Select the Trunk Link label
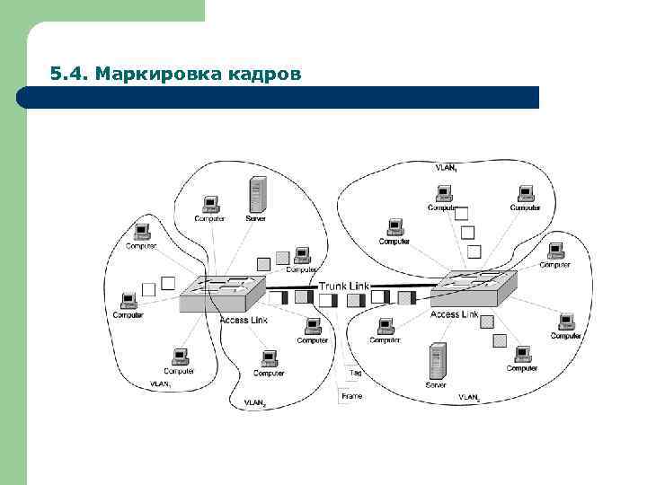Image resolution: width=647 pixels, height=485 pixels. (x=344, y=287)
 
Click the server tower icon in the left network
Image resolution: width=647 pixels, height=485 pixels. (x=259, y=193)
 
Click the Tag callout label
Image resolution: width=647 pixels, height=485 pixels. (x=356, y=372)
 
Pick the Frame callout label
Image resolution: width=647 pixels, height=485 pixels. (x=351, y=396)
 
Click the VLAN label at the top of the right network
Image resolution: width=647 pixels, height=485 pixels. (x=446, y=168)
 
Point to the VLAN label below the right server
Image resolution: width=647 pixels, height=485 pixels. (x=469, y=397)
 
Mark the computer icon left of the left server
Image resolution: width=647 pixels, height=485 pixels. (x=210, y=204)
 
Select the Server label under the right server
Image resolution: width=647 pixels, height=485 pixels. (x=436, y=384)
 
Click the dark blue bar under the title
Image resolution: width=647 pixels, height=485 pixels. (x=279, y=97)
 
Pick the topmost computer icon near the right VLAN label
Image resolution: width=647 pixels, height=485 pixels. (x=443, y=192)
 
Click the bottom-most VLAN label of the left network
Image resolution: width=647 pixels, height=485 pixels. (x=255, y=403)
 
